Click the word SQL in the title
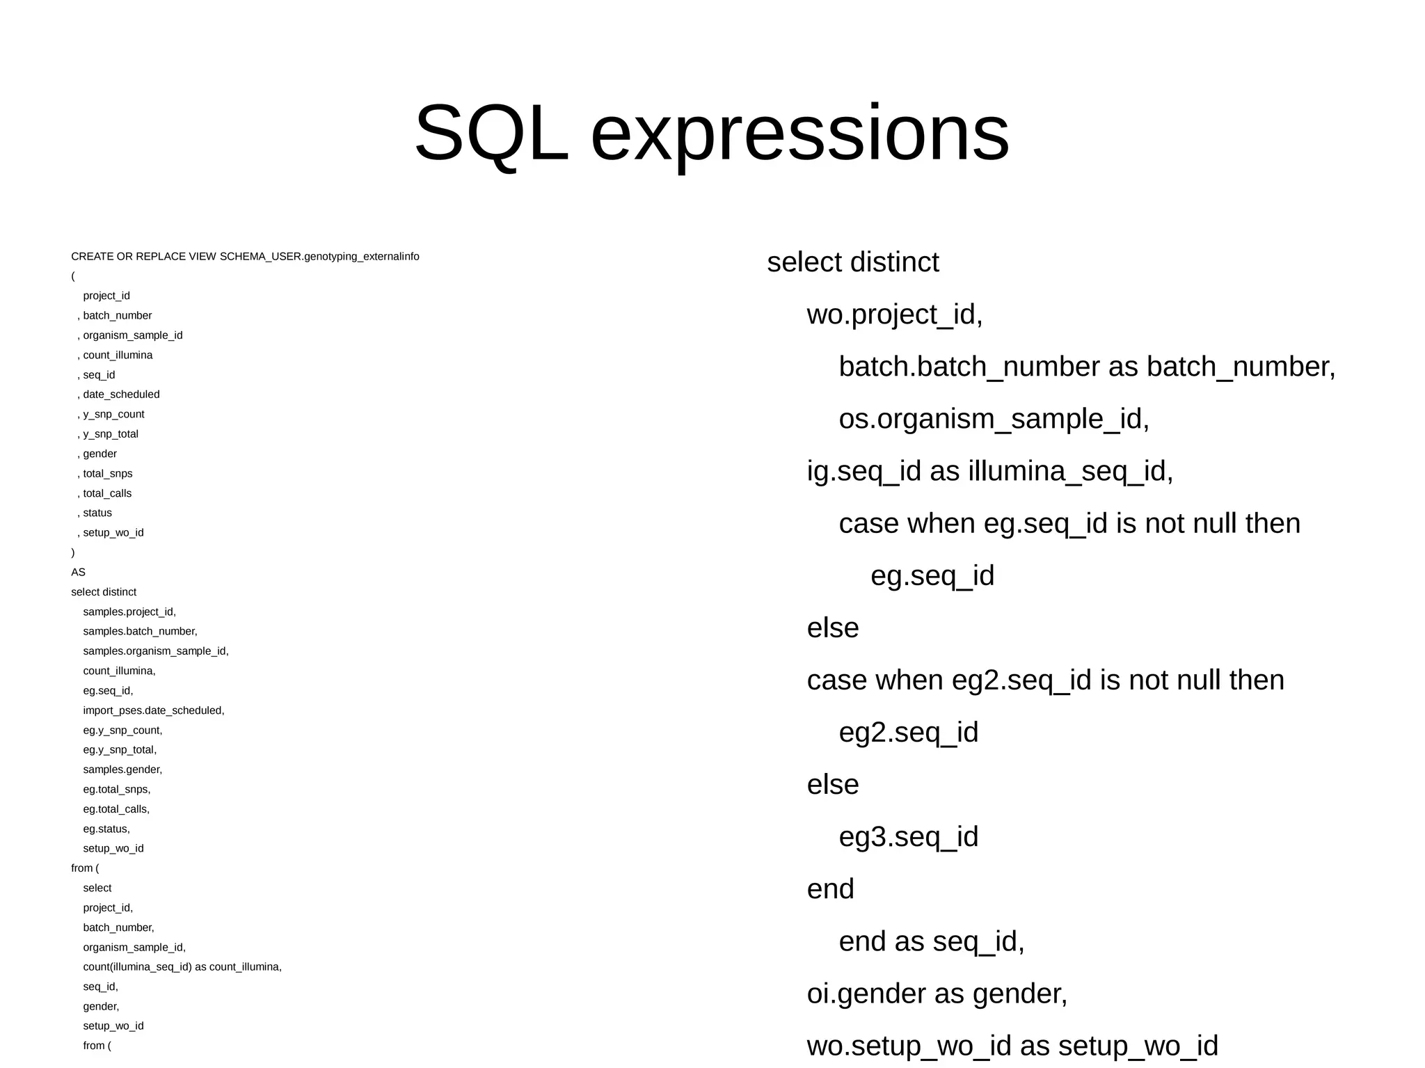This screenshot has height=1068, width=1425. (491, 133)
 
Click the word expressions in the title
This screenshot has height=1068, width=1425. (799, 133)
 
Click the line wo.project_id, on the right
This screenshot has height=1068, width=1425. (894, 314)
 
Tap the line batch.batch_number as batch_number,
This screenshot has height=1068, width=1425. (1087, 367)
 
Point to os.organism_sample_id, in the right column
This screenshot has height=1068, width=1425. (994, 419)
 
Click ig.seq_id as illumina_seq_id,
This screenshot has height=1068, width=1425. (989, 471)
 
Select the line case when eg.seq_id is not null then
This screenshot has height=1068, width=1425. (1069, 523)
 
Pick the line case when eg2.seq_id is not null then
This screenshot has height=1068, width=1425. (1045, 680)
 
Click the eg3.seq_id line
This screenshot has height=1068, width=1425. (908, 836)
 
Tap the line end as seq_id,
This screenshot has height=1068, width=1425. (931, 941)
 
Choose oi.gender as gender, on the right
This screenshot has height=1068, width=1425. (937, 993)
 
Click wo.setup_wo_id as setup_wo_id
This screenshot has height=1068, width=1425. (1012, 1045)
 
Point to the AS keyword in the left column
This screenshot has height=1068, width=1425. (78, 573)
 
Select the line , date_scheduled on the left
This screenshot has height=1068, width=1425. (119, 394)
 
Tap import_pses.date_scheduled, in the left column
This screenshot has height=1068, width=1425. (153, 710)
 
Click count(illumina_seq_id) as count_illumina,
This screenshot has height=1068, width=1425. (182, 967)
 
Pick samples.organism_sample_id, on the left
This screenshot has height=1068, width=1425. (155, 651)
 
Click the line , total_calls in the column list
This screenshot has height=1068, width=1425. (105, 493)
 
